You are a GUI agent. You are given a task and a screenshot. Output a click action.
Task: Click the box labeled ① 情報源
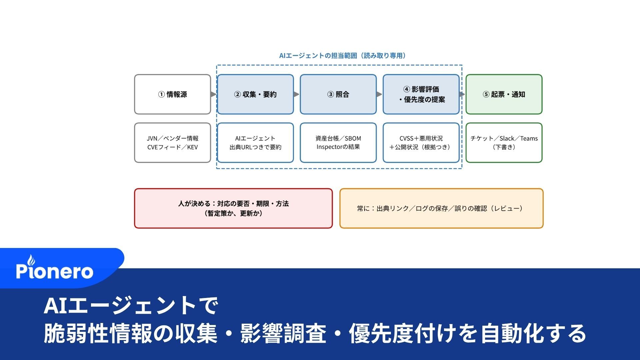172,94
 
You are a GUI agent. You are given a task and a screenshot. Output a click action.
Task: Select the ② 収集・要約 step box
255,94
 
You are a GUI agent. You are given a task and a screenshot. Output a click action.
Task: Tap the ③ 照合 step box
338,94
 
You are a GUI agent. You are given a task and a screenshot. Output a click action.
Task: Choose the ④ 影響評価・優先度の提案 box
421,94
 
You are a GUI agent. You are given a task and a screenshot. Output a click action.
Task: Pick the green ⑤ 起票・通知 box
504,94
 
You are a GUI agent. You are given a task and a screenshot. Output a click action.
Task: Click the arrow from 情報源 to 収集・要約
214,94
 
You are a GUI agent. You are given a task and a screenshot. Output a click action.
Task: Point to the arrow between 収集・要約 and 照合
296,94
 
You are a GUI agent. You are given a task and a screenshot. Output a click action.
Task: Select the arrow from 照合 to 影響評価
379,94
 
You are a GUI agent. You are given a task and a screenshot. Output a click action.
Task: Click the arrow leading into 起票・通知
462,94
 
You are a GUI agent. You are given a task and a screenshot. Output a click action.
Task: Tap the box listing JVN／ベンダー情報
172,143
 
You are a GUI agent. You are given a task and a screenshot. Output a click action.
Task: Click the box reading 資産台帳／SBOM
338,143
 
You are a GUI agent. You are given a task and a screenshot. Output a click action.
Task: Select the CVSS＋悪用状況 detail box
421,143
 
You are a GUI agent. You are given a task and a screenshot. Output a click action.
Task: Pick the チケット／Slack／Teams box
504,143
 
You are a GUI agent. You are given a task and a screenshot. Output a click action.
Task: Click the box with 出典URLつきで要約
255,143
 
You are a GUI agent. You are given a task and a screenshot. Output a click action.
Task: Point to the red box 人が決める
233,208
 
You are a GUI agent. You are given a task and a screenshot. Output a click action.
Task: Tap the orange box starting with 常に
441,208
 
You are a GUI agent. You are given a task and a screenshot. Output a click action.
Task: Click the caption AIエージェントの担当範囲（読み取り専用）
342,56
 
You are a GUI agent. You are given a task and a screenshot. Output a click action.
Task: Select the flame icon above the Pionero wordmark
31,260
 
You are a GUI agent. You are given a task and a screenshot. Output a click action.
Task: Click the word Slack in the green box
507,138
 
